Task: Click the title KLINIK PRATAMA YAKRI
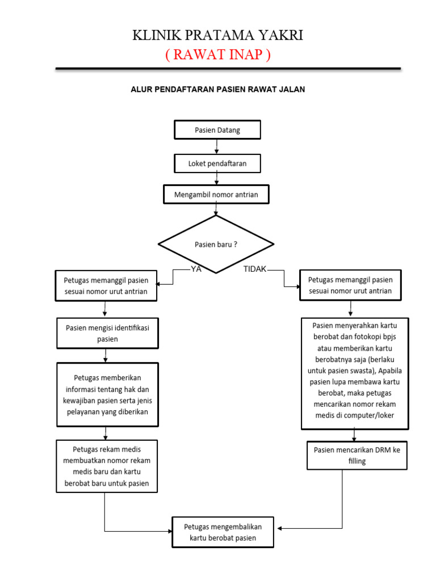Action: tap(217, 36)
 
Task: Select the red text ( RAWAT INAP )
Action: tap(217, 55)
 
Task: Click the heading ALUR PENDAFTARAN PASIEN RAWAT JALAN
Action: tap(218, 90)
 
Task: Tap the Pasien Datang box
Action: tap(217, 130)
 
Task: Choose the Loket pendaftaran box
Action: tap(217, 163)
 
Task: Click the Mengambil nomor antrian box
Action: tap(216, 195)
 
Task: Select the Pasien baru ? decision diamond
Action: tap(216, 245)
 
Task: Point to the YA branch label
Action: tap(196, 270)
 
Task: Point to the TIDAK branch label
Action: tap(255, 270)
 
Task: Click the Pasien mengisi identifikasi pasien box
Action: tap(107, 333)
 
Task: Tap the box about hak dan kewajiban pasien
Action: tap(107, 394)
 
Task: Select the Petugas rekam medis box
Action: tap(107, 466)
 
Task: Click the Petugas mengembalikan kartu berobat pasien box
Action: tap(223, 532)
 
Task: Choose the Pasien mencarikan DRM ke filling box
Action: tap(357, 455)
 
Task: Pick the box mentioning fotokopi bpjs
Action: tap(354, 373)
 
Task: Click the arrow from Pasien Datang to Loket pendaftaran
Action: tap(217, 147)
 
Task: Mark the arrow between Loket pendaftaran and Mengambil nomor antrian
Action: tap(217, 179)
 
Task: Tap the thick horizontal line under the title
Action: tap(228, 69)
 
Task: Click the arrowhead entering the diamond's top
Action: tap(216, 213)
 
